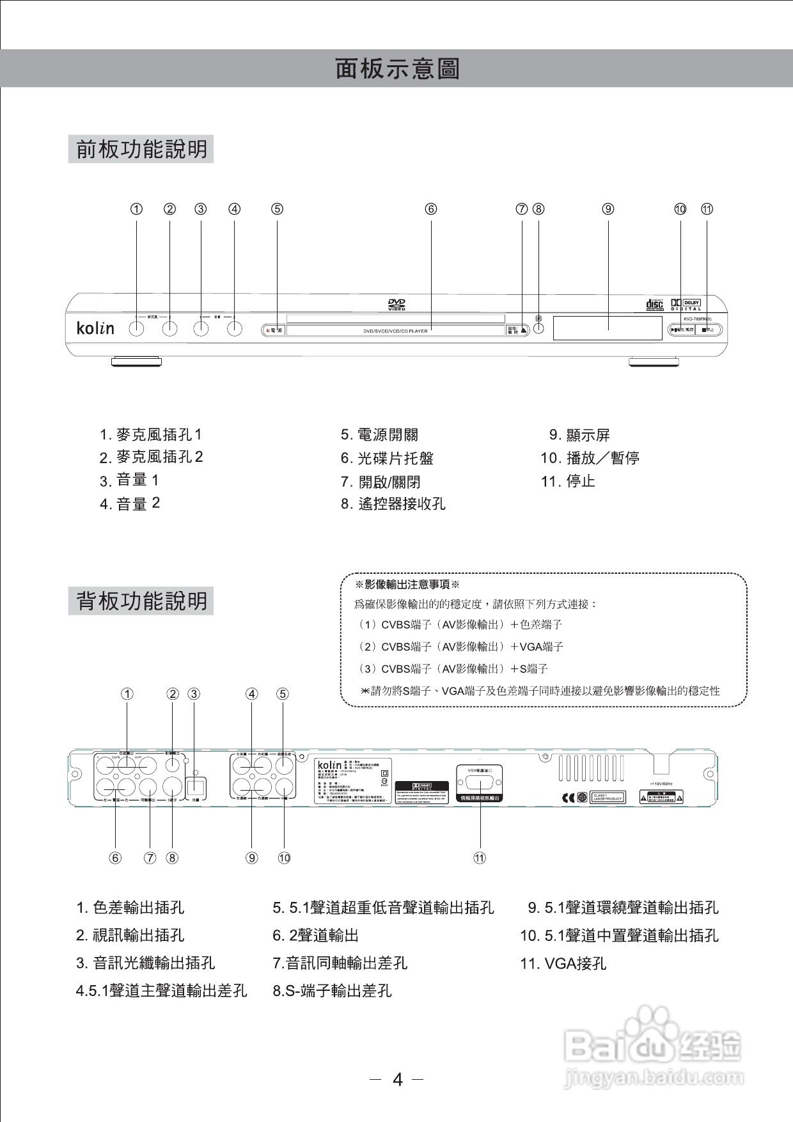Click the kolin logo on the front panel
tap(95, 328)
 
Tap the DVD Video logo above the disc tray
tap(396, 304)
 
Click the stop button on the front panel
tap(707, 330)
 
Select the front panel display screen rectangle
tap(607, 328)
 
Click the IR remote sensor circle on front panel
tap(538, 328)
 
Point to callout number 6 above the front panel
tap(431, 209)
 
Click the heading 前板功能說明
tap(141, 149)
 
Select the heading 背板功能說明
tap(141, 601)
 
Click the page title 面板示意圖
tap(397, 68)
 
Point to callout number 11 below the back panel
tap(480, 858)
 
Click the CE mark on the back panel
tap(567, 798)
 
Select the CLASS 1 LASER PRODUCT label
tap(608, 798)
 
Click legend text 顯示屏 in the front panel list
tap(588, 436)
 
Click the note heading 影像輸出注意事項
tap(407, 585)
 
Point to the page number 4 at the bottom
tap(398, 1080)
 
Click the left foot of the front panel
tap(136, 362)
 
